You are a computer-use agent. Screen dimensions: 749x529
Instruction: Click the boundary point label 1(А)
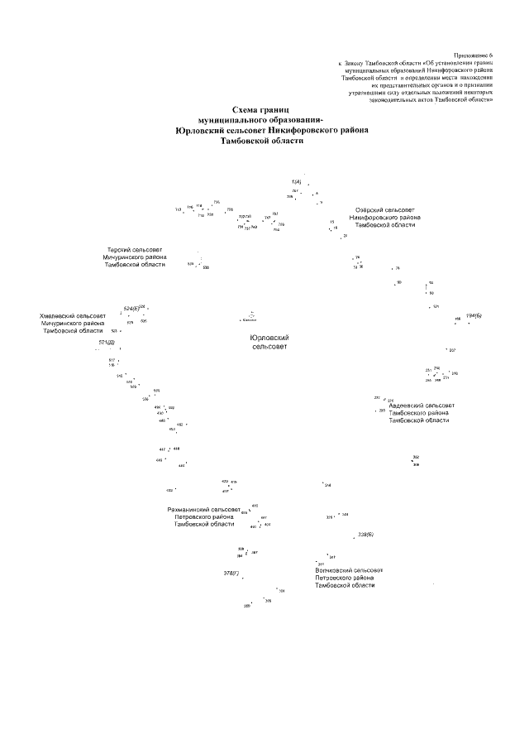[x=296, y=181]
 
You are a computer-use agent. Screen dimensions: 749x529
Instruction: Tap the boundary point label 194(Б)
[x=474, y=316]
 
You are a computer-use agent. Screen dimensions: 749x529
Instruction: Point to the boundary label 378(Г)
[x=231, y=572]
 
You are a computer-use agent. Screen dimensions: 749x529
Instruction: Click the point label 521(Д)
[x=107, y=342]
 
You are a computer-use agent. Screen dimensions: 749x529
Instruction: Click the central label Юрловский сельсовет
[x=269, y=343]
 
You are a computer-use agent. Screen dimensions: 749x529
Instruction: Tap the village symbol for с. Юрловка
[x=250, y=314]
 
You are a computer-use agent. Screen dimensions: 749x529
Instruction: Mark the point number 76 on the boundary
[x=397, y=268]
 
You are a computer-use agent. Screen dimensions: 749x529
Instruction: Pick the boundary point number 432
[x=169, y=491]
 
